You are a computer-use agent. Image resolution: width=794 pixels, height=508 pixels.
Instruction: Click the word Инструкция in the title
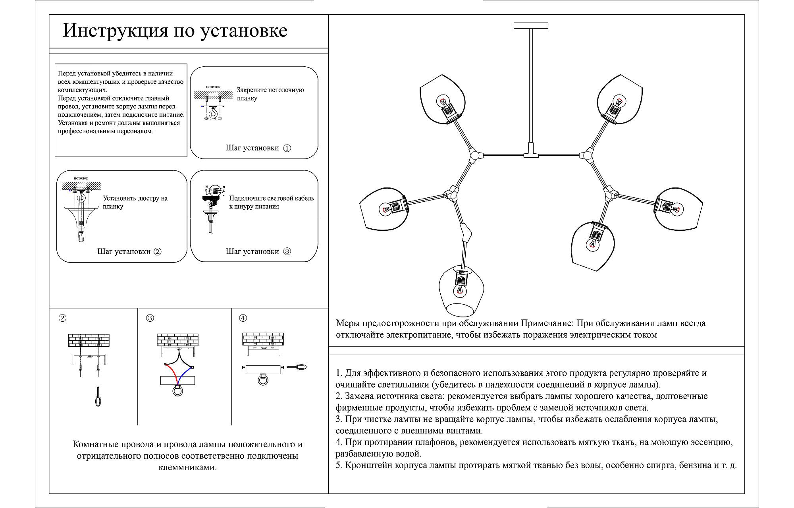[116, 31]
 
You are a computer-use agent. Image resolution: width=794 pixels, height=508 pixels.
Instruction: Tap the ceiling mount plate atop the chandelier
[530, 26]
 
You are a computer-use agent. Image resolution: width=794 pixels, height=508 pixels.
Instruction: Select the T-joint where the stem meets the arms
[531, 155]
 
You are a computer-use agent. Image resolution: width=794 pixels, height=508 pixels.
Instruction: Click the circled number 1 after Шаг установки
[287, 148]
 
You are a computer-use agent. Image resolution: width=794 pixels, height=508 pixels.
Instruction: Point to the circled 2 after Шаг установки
[158, 251]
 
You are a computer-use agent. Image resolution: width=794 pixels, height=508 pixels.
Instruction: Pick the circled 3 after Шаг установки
[287, 251]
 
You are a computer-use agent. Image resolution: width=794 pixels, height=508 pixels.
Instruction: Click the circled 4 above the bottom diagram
[243, 318]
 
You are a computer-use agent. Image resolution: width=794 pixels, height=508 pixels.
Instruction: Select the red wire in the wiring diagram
[171, 374]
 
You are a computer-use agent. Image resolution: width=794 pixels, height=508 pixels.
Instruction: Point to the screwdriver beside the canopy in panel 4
[297, 368]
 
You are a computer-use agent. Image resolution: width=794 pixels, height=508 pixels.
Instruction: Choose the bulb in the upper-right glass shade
[617, 101]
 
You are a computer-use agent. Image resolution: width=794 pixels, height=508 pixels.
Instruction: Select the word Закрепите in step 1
[252, 90]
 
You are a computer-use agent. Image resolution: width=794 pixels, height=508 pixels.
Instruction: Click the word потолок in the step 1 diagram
[213, 87]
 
